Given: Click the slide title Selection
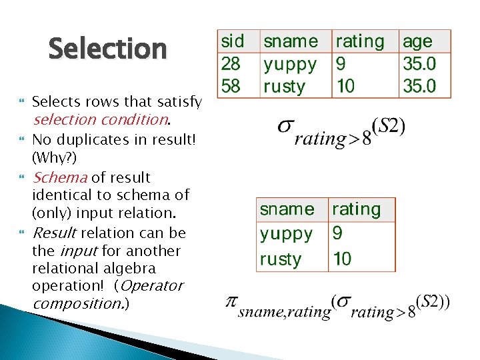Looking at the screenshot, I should pyautogui.click(x=107, y=49).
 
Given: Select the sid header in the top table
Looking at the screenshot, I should pyautogui.click(x=232, y=41).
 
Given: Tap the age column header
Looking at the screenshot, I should pyautogui.click(x=417, y=41).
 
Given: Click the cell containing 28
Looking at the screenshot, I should pyautogui.click(x=231, y=64).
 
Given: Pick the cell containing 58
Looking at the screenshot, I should pyautogui.click(x=231, y=86).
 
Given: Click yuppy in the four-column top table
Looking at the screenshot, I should pyautogui.click(x=290, y=65).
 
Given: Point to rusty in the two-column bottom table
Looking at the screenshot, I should pyautogui.click(x=281, y=259).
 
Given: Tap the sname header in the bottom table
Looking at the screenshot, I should pyautogui.click(x=287, y=209).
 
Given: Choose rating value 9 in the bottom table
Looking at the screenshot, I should pyautogui.click(x=337, y=234).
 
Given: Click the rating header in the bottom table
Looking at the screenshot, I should pyautogui.click(x=356, y=209).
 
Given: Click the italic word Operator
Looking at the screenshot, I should pyautogui.click(x=152, y=286).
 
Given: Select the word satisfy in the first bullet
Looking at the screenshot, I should pyautogui.click(x=179, y=102).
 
